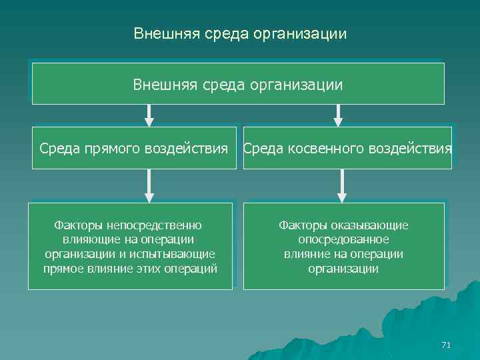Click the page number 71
[x=447, y=345]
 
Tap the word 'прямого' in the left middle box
[x=113, y=148]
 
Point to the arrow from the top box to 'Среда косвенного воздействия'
[x=338, y=115]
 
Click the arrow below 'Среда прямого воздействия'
[x=149, y=185]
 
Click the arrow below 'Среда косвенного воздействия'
[x=342, y=185]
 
